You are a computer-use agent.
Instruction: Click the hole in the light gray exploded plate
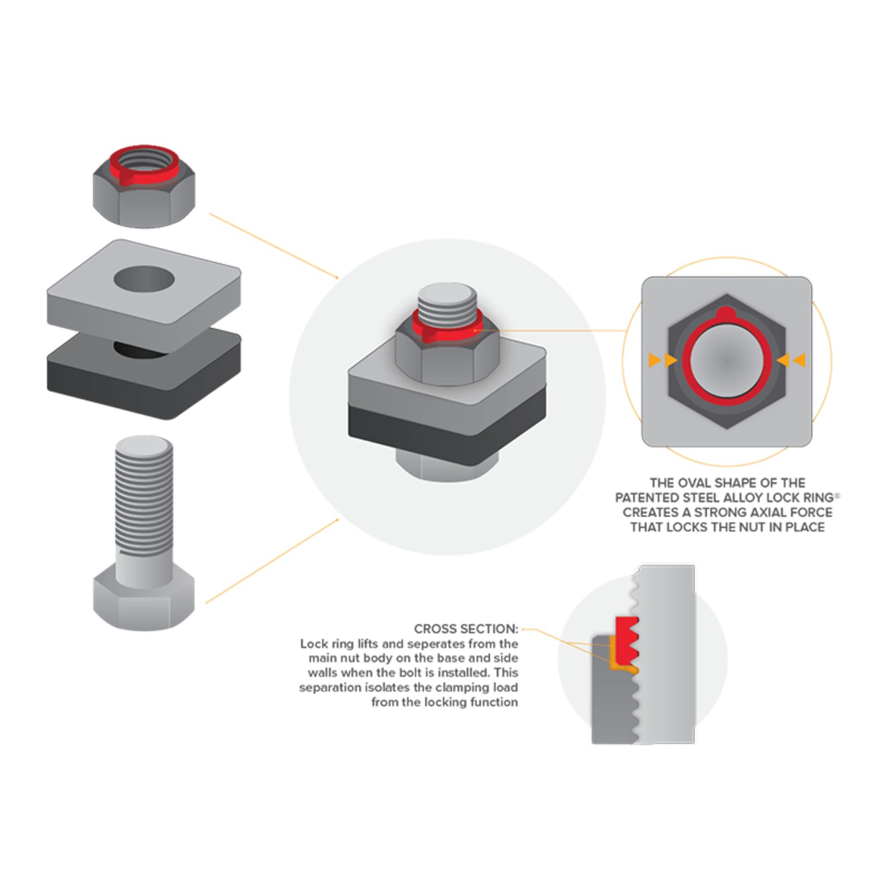click(144, 280)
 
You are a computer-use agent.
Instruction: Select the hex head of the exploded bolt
click(144, 599)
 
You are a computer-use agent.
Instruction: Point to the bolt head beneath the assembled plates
click(448, 466)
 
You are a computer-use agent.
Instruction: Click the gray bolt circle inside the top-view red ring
click(727, 361)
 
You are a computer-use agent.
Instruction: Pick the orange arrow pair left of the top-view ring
click(663, 360)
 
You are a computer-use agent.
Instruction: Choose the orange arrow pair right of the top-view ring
click(792, 360)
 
